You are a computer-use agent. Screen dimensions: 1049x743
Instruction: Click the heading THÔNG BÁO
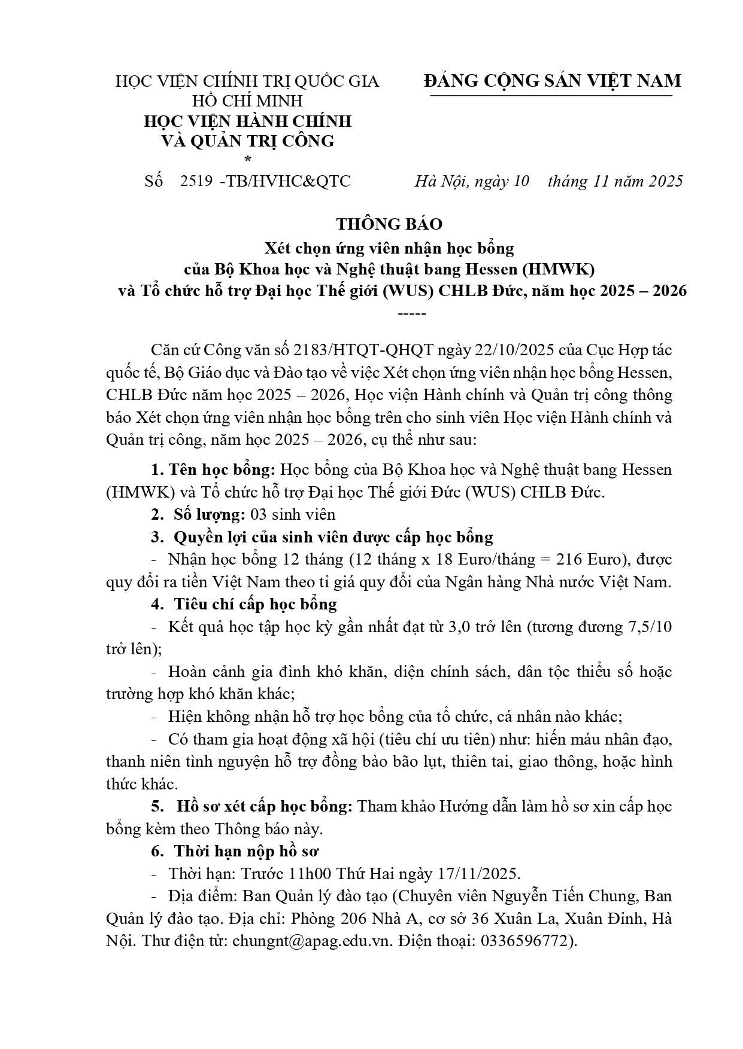click(x=389, y=224)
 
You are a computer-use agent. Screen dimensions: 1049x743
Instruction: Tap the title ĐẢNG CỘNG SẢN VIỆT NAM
click(x=553, y=81)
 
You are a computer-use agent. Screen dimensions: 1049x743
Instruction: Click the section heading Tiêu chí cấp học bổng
click(x=255, y=604)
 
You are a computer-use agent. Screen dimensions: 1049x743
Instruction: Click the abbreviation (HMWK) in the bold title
click(x=557, y=269)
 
